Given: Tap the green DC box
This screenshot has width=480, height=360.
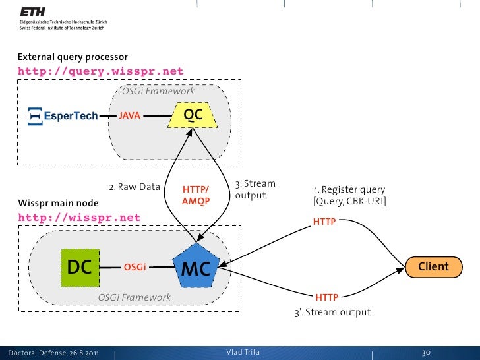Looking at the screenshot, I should (x=79, y=267).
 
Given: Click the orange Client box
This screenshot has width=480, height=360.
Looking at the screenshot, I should (x=433, y=267).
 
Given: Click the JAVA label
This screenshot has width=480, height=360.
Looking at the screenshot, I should (x=129, y=116).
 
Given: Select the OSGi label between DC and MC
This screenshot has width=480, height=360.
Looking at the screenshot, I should (x=135, y=268).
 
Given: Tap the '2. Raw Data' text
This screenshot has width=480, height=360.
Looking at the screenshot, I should (x=135, y=187).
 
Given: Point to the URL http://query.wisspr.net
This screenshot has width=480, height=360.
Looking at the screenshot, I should (x=100, y=71).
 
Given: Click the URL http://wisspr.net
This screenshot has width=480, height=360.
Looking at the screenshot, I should (x=79, y=218).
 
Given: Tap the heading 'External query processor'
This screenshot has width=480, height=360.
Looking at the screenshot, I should (x=73, y=57).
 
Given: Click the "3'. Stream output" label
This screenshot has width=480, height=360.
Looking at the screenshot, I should (x=332, y=312).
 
